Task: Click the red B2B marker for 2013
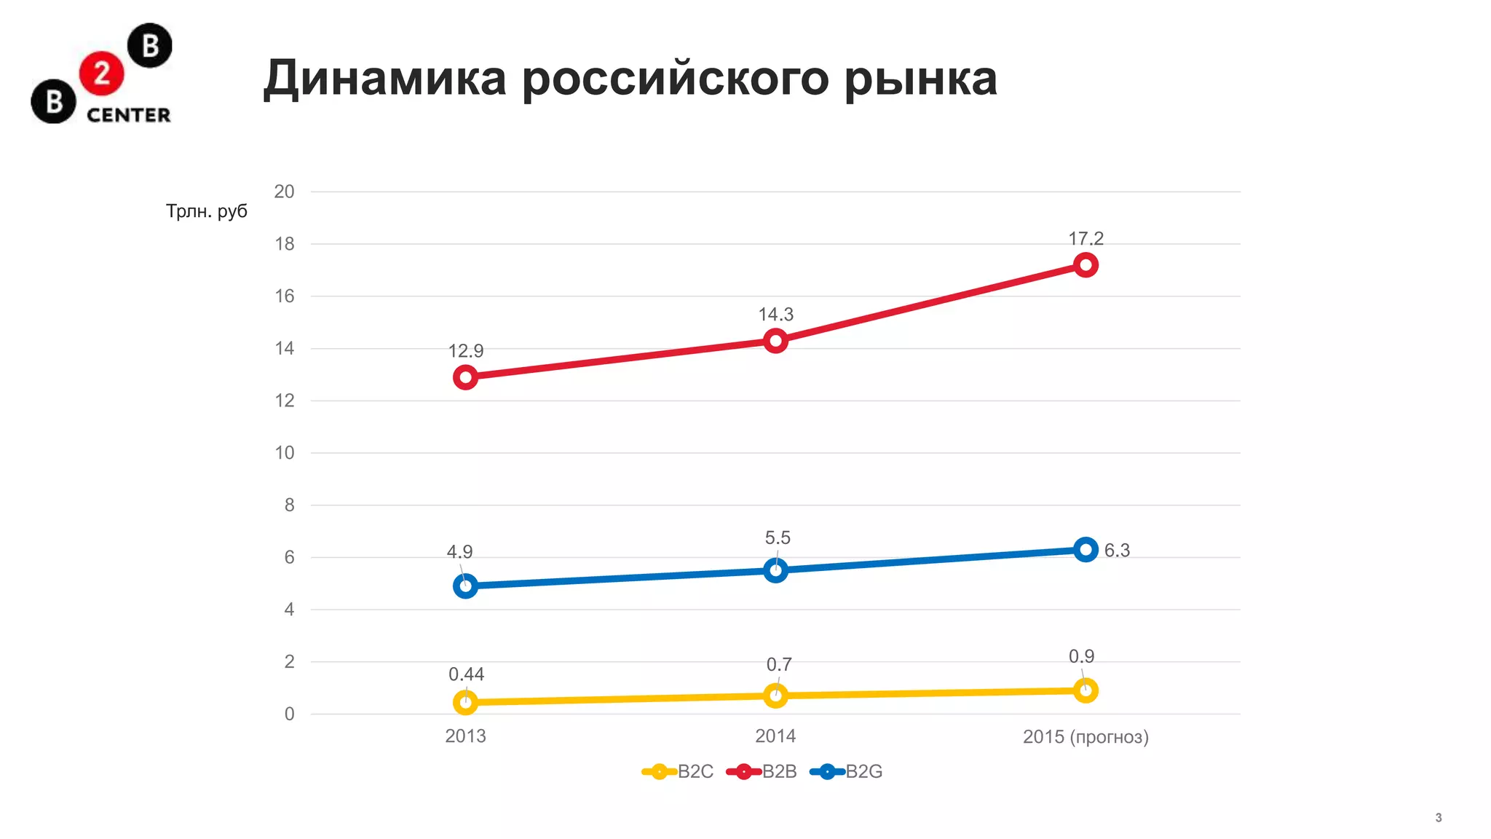click(465, 377)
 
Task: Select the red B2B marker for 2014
click(775, 340)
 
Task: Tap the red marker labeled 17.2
click(1085, 265)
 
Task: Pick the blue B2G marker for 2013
click(465, 586)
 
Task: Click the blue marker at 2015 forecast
click(1085, 549)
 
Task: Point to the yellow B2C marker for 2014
click(775, 696)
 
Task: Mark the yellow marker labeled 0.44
click(465, 702)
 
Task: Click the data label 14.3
click(775, 315)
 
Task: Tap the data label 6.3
click(1117, 551)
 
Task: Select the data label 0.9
click(1081, 656)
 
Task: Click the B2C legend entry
click(679, 771)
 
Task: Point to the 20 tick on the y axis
click(284, 192)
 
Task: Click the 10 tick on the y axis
click(284, 453)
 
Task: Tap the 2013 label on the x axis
click(465, 736)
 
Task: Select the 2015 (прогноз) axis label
click(1085, 737)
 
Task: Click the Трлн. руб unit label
click(207, 211)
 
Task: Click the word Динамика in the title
click(384, 78)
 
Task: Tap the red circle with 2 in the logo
click(101, 73)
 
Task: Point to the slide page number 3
click(1438, 818)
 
